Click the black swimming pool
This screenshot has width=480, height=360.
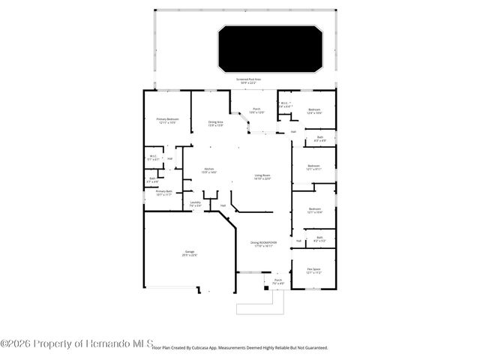[268, 48]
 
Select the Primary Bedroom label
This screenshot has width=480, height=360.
[167, 121]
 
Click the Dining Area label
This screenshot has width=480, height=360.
[216, 123]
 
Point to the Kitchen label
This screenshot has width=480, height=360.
[209, 170]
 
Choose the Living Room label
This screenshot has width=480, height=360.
[262, 177]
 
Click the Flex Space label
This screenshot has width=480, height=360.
[313, 271]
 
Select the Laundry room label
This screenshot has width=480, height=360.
[195, 203]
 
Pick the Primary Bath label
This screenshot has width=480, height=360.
[164, 193]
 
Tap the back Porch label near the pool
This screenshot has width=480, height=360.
[256, 110]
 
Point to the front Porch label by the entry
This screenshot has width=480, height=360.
[277, 282]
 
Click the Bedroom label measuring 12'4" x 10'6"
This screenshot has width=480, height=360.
[314, 111]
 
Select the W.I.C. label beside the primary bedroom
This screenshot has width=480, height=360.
[153, 157]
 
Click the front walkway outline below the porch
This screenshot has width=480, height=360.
[259, 307]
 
